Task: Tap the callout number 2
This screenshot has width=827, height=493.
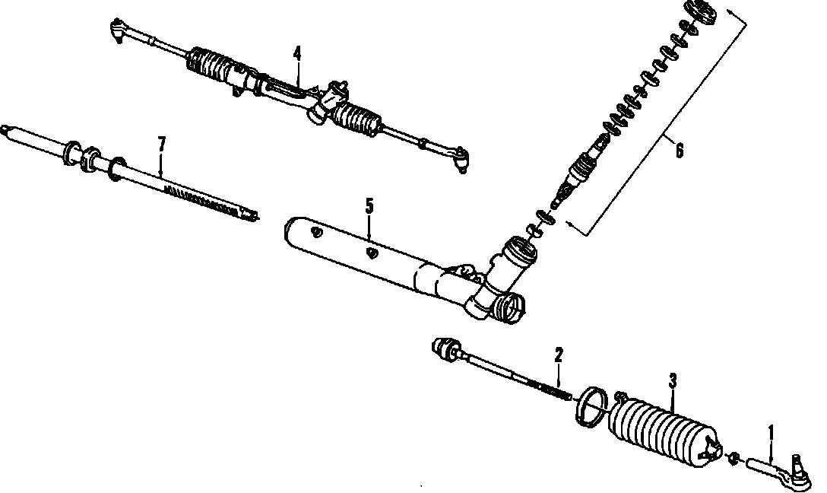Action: pyautogui.click(x=559, y=355)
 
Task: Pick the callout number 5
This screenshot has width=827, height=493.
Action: pyautogui.click(x=369, y=205)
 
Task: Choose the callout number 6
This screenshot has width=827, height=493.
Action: pyautogui.click(x=679, y=150)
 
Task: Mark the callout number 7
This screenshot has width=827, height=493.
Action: pyautogui.click(x=161, y=142)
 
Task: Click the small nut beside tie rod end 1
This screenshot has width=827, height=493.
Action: pyautogui.click(x=734, y=457)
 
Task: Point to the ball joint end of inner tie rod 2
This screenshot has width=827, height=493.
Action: pyautogui.click(x=443, y=348)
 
